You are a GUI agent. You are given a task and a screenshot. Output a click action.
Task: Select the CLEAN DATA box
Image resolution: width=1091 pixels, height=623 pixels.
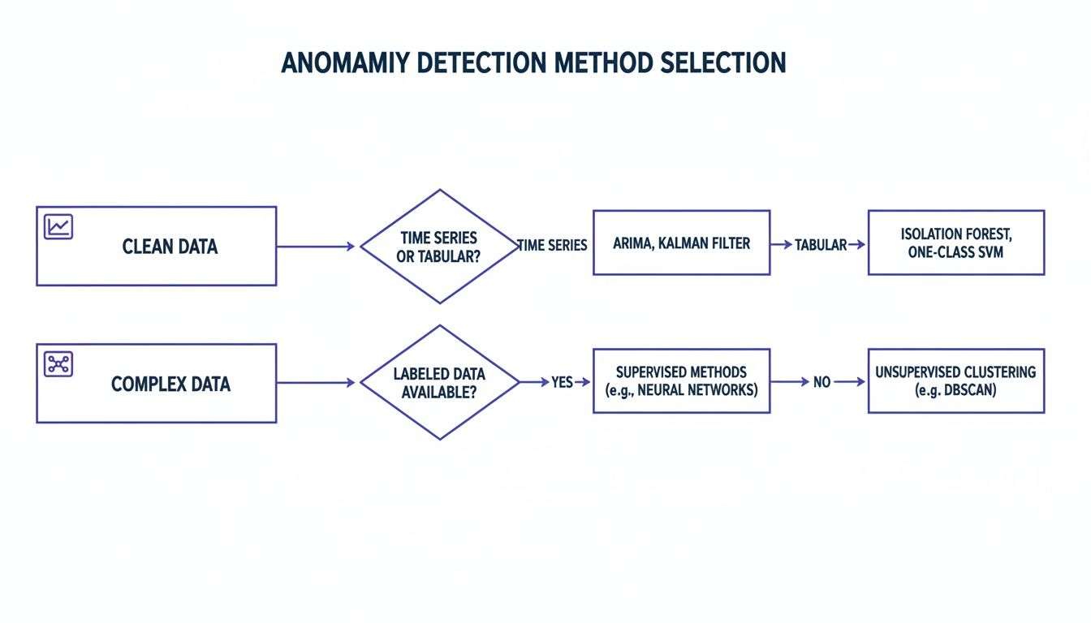[x=156, y=246]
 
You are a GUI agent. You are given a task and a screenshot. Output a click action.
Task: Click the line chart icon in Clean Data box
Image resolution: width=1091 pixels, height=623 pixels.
[x=58, y=226]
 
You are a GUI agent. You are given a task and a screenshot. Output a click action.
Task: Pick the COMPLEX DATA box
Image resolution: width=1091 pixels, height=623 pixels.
[x=156, y=383]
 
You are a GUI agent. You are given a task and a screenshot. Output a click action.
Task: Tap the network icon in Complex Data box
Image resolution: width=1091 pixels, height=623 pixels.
[x=58, y=363]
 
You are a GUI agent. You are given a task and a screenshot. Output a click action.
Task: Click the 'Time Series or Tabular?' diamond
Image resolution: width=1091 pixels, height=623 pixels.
[x=439, y=246]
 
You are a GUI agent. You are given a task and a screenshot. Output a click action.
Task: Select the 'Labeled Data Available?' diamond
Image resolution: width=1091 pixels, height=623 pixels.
[x=439, y=382]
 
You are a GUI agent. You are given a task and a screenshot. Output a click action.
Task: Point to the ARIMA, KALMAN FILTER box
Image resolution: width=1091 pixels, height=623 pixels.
[x=681, y=243]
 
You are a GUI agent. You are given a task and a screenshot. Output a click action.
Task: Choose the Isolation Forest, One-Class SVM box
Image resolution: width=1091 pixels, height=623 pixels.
[x=955, y=243]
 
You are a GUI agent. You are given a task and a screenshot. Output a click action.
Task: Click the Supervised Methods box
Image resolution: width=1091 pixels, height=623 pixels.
[x=681, y=380]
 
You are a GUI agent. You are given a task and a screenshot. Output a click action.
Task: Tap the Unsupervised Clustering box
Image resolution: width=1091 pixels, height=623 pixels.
[x=955, y=380]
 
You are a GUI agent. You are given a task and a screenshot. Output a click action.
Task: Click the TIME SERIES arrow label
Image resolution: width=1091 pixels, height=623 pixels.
[x=553, y=245]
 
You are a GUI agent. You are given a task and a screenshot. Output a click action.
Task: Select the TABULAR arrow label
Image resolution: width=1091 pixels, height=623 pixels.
[x=820, y=245]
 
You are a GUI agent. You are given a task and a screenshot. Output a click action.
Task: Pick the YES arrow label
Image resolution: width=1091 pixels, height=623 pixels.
[x=562, y=382]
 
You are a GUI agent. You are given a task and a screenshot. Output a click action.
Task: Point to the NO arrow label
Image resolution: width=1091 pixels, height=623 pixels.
[x=821, y=382]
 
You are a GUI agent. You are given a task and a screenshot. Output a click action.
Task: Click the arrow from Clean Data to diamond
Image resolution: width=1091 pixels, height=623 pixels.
[x=317, y=246]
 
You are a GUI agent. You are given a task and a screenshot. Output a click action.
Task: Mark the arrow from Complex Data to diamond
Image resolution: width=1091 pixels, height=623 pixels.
[x=317, y=382]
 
